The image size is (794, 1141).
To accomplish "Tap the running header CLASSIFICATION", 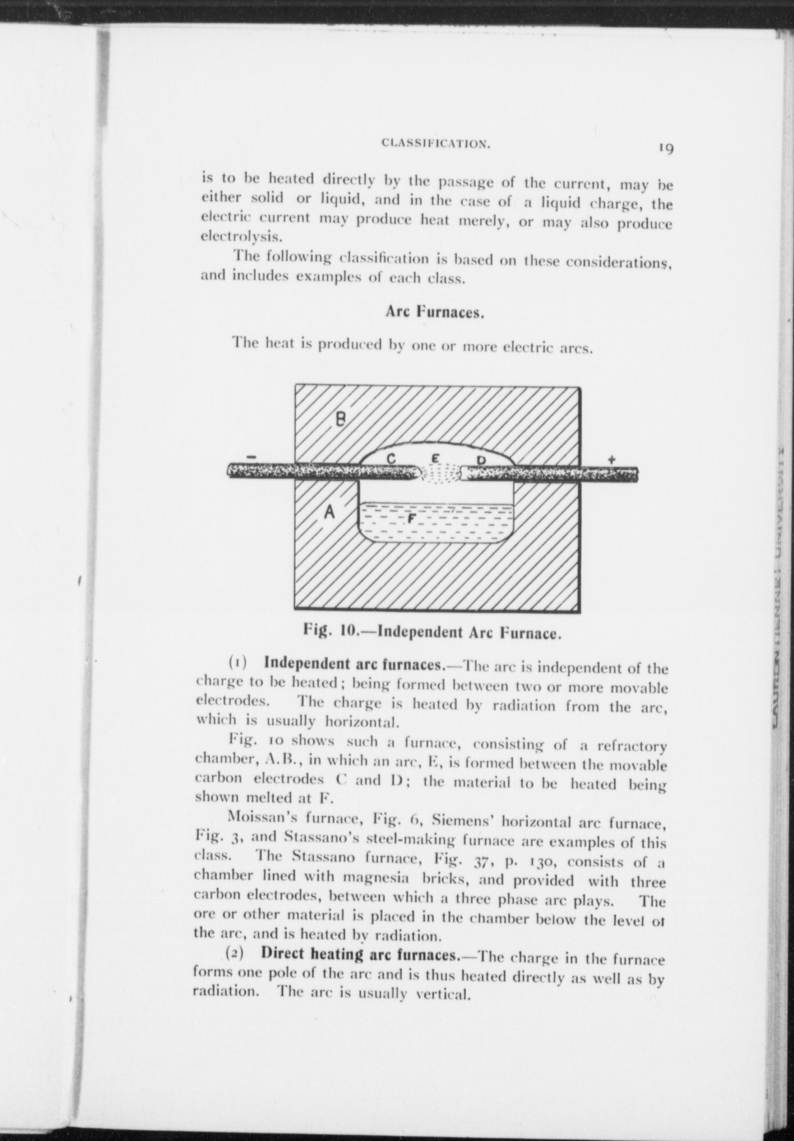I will pos(435,144).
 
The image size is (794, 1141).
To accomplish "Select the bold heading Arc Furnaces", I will pos(435,313).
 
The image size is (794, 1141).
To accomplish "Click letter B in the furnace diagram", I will pos(340,420).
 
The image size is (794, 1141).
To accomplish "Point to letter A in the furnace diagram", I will pos(329,513).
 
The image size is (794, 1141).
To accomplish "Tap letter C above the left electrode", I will pos(391,459).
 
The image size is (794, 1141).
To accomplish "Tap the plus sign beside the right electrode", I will pos(611,460).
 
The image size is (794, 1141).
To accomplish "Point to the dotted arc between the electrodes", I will pos(440,473).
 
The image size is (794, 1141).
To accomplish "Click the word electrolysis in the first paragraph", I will pos(239,236).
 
